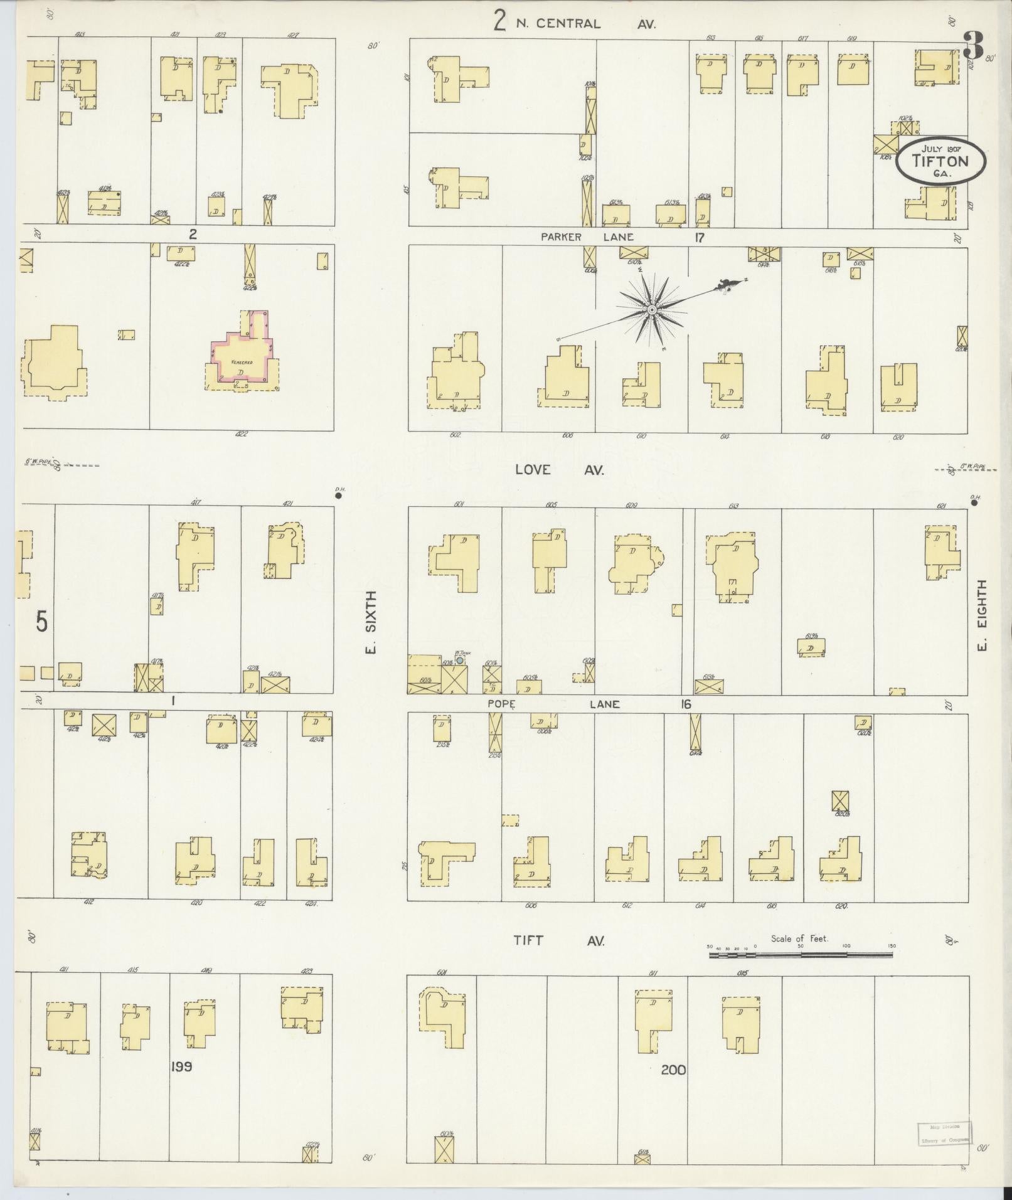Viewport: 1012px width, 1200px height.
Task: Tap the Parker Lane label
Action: point(588,237)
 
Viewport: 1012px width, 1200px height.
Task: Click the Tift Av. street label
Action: point(558,940)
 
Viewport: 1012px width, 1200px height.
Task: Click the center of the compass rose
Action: point(652,310)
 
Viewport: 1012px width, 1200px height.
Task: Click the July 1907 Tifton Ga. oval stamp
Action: point(940,161)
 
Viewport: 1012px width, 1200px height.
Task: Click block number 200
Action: point(673,1070)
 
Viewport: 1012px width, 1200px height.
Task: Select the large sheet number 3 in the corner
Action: point(973,45)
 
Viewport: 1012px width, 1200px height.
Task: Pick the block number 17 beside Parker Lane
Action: point(700,237)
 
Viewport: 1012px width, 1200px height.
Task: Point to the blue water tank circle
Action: point(460,661)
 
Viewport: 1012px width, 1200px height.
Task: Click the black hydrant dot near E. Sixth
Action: point(338,495)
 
